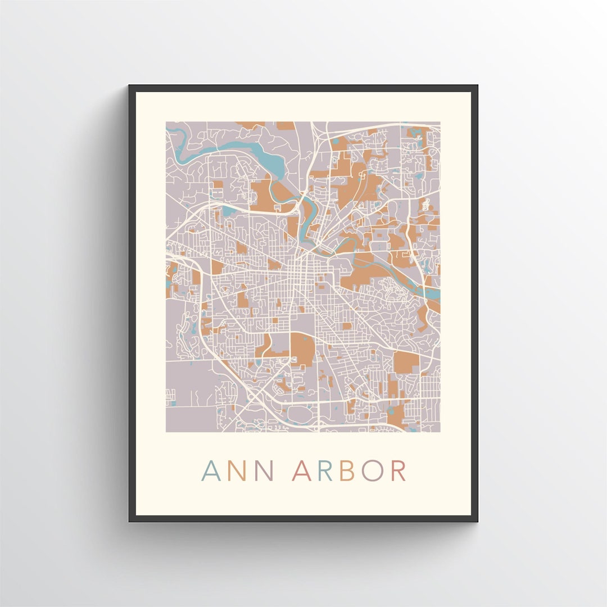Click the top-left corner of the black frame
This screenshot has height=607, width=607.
130,86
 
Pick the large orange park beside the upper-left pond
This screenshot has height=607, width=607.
263,193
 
